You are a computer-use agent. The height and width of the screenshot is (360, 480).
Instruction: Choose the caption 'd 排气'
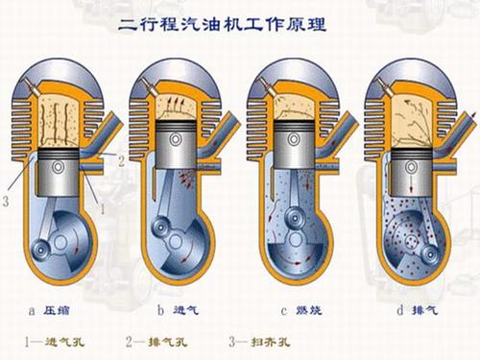point(405,309)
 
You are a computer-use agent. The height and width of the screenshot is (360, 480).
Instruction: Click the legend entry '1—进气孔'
point(59,340)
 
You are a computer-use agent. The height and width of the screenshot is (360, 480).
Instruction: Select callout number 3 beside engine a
point(8,201)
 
